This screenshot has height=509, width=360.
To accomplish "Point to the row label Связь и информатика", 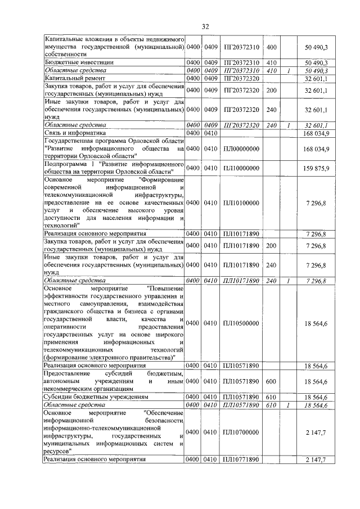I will coord(71,133).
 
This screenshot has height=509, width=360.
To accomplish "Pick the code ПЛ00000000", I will coord(241,148).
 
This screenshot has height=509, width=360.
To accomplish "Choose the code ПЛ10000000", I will coord(241,168).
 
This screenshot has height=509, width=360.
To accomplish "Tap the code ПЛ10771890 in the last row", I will coord(241,460).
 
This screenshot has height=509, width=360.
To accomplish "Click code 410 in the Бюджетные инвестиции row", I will coord(271,62).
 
